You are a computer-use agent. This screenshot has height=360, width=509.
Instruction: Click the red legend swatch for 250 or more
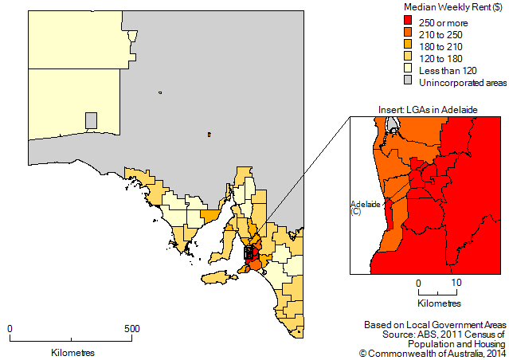click(407, 20)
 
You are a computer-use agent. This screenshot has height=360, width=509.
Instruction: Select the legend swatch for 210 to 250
click(407, 33)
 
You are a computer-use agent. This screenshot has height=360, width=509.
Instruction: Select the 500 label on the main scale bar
click(132, 328)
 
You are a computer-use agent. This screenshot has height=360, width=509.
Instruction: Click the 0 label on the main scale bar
click(10, 328)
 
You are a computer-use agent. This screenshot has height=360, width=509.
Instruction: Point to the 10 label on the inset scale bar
click(456, 282)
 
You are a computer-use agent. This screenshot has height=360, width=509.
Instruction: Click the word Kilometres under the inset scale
click(438, 304)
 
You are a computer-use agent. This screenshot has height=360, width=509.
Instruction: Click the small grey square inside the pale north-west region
click(92, 120)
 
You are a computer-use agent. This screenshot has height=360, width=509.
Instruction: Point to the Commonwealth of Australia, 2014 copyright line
click(432, 352)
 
